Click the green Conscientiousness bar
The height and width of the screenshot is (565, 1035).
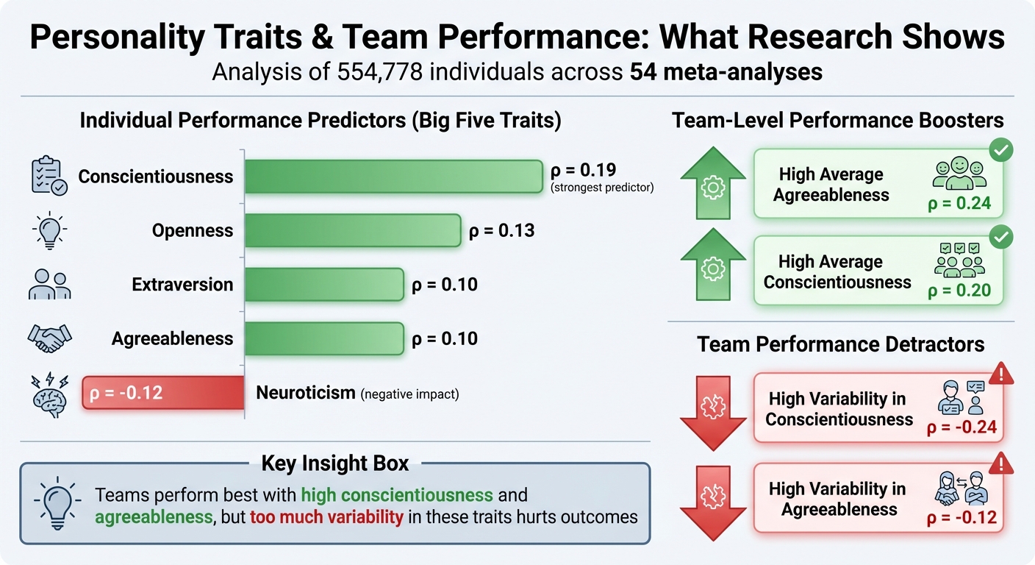click(393, 177)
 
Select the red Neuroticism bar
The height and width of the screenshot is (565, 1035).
click(163, 393)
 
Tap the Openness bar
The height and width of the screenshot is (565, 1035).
click(352, 230)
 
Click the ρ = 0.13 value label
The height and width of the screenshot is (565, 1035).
click(501, 231)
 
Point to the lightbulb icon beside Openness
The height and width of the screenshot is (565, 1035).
click(50, 230)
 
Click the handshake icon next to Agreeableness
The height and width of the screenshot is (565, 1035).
click(50, 338)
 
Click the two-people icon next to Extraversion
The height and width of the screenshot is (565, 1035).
click(50, 285)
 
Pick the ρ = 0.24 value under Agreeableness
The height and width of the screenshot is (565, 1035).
click(959, 203)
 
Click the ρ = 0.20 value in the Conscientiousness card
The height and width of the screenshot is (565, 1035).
click(959, 291)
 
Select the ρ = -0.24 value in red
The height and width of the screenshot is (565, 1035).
click(961, 427)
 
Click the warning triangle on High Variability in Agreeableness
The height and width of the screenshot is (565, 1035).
click(1001, 463)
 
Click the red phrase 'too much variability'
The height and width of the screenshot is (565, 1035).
click(326, 516)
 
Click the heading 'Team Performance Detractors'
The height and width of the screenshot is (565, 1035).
click(841, 344)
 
